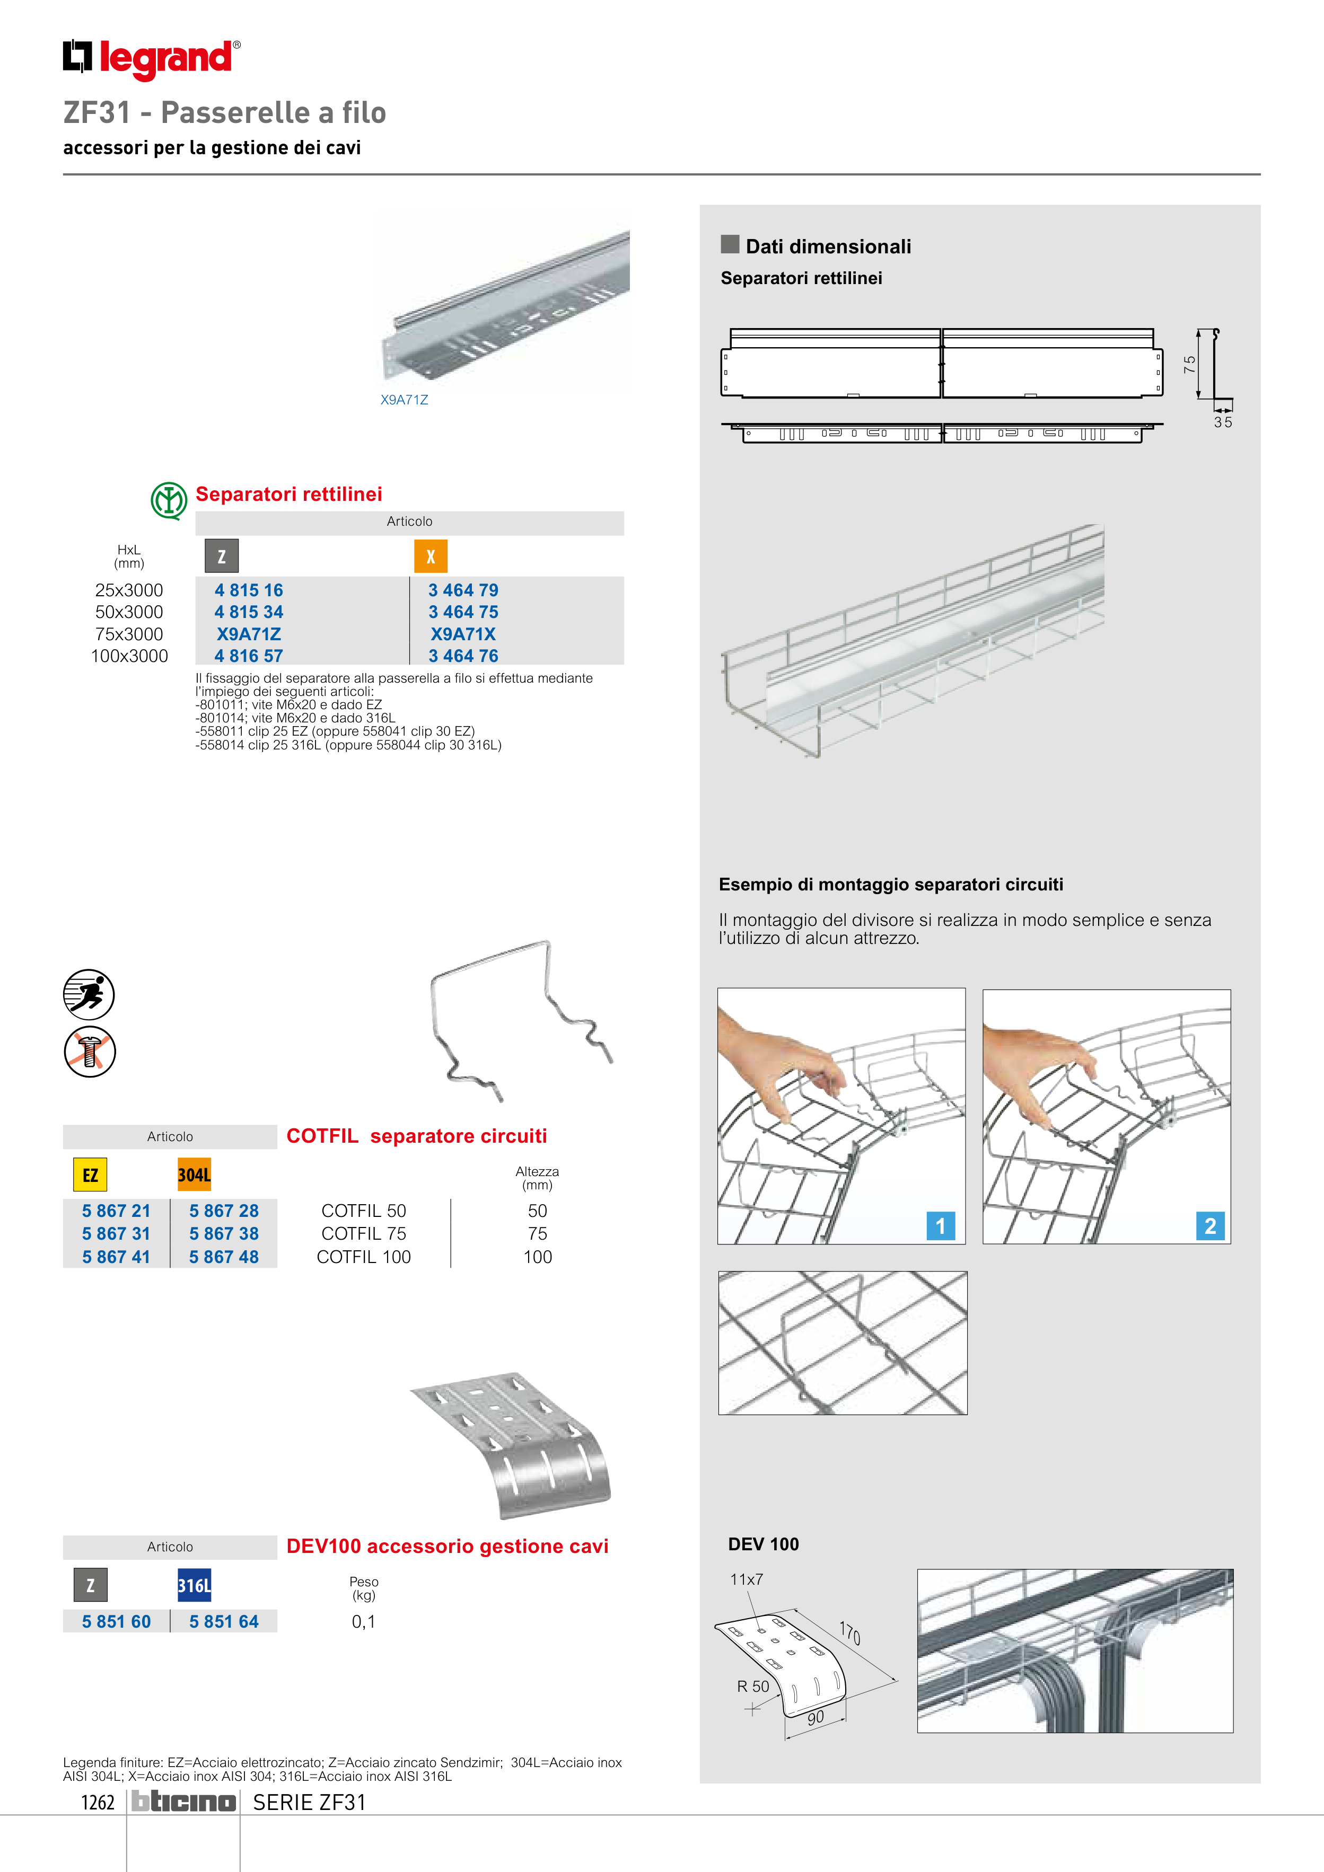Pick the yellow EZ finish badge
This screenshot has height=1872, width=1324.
(x=90, y=1175)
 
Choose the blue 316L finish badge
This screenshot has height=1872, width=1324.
(x=194, y=1585)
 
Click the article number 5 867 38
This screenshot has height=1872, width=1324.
(x=224, y=1233)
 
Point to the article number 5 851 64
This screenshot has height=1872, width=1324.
(x=224, y=1622)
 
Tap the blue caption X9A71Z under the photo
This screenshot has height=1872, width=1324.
(x=404, y=400)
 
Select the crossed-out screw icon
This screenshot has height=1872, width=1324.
(x=90, y=1051)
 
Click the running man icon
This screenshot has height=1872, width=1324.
(x=89, y=994)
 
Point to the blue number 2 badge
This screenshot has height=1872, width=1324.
(x=1210, y=1225)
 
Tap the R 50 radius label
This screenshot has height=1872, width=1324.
(x=753, y=1686)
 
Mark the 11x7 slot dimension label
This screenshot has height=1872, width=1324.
(x=747, y=1579)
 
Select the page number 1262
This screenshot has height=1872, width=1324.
(x=98, y=1802)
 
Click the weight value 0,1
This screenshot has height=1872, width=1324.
(x=364, y=1622)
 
